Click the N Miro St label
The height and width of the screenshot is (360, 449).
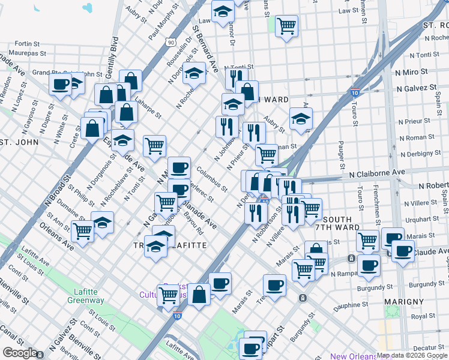coord(411,71)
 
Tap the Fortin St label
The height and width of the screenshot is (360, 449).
coord(26,44)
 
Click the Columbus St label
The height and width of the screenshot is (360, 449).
coord(213,179)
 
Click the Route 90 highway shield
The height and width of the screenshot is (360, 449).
coord(171,43)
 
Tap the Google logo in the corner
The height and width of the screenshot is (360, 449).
coord(20,353)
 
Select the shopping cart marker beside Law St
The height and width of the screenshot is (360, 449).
coord(287,26)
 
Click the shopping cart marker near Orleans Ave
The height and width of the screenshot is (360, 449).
coord(82,230)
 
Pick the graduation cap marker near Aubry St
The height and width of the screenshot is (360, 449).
coord(301,118)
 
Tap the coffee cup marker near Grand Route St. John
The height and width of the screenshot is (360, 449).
coord(61,85)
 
